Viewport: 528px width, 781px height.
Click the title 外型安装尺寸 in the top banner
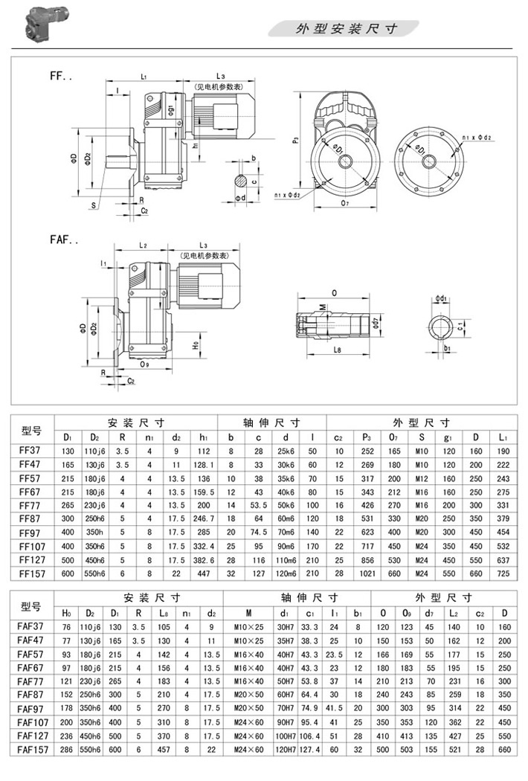coord(347,29)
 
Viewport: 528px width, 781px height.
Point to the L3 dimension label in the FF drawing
coord(221,77)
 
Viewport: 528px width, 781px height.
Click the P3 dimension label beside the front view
coord(296,140)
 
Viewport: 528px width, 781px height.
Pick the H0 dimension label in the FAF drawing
coord(195,346)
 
